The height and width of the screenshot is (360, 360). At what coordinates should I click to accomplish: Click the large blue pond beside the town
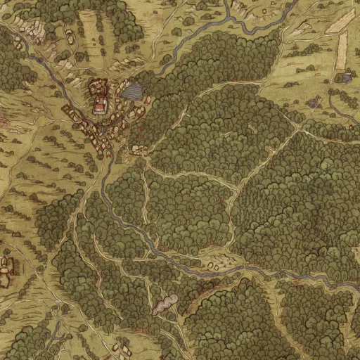[131, 91]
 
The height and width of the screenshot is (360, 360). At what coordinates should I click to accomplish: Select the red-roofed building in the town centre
[100, 107]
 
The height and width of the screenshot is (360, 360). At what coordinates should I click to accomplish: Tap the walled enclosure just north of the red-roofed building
[98, 88]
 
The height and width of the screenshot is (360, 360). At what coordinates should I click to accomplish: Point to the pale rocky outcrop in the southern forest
[166, 304]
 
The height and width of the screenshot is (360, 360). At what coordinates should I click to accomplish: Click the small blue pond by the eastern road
[313, 103]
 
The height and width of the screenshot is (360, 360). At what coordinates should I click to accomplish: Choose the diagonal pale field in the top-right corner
[340, 21]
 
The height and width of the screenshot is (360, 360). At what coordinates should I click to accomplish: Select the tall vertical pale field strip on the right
[342, 51]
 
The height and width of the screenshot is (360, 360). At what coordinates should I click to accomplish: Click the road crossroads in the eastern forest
[300, 129]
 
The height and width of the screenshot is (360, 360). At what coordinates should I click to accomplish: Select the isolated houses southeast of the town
[139, 150]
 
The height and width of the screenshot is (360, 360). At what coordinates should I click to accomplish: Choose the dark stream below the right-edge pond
[337, 105]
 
